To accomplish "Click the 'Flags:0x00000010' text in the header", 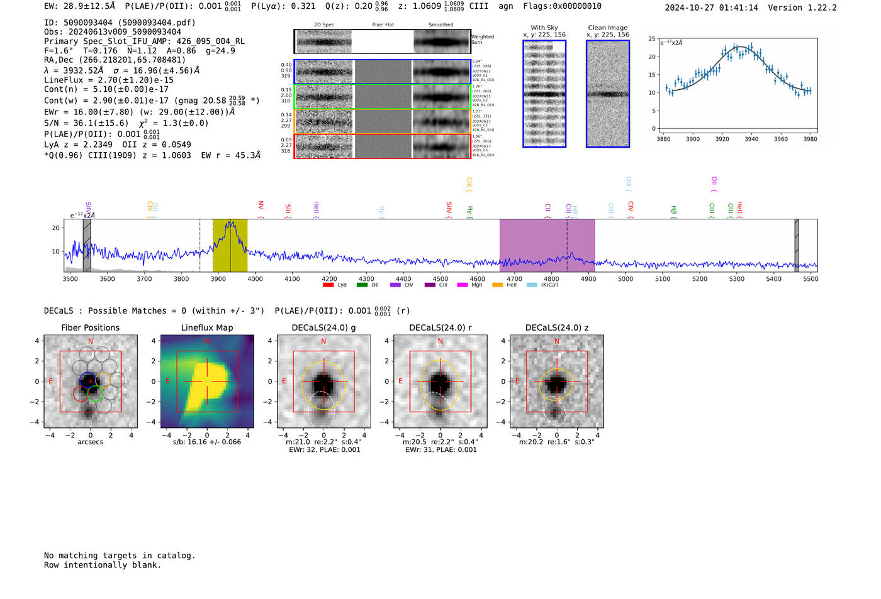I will pos(562,6).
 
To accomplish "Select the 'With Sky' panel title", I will pos(544,28).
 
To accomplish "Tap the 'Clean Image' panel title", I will pos(607,28).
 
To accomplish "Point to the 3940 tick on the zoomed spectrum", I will pos(751,139).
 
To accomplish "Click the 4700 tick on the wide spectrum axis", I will pos(514,278).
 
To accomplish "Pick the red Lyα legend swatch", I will pos(328,285).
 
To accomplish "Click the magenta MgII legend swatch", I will pos(463,285).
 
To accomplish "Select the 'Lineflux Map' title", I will pos(206,327).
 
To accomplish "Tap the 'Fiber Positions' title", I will pos(90,327).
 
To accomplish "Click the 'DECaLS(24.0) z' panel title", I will pos(556,327).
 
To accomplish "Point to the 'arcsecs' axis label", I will pos(90,442).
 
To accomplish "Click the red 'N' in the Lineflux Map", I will pos(207,341).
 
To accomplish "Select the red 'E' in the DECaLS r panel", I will pos(400,381).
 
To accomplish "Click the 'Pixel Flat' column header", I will pos(383,25).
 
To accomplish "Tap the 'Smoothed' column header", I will pos(441,25).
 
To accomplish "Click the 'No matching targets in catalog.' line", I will pos(120,556).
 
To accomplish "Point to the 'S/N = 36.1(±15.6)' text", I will pos(86,123).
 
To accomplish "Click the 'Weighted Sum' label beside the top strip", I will pos(482,40).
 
